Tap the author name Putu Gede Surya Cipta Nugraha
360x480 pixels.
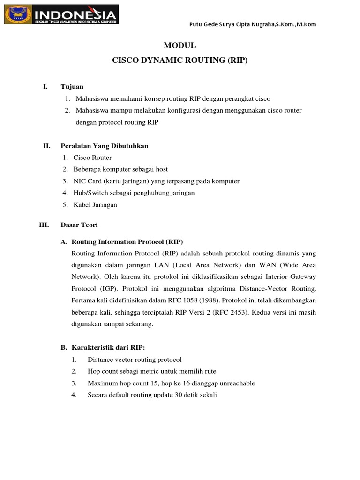click(x=232, y=24)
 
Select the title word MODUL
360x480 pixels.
click(x=180, y=46)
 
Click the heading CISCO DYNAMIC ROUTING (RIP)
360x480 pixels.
click(x=180, y=61)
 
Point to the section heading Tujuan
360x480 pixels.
click(x=72, y=87)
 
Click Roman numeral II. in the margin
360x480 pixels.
click(x=47, y=146)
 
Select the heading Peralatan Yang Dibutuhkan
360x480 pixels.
click(x=105, y=146)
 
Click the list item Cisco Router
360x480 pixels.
click(x=92, y=157)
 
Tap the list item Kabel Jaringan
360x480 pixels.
click(x=95, y=204)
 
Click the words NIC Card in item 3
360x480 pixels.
click(x=86, y=181)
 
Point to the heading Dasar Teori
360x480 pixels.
click(x=79, y=225)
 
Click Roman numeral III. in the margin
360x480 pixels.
click(x=45, y=225)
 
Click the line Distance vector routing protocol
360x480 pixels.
click(x=135, y=360)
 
